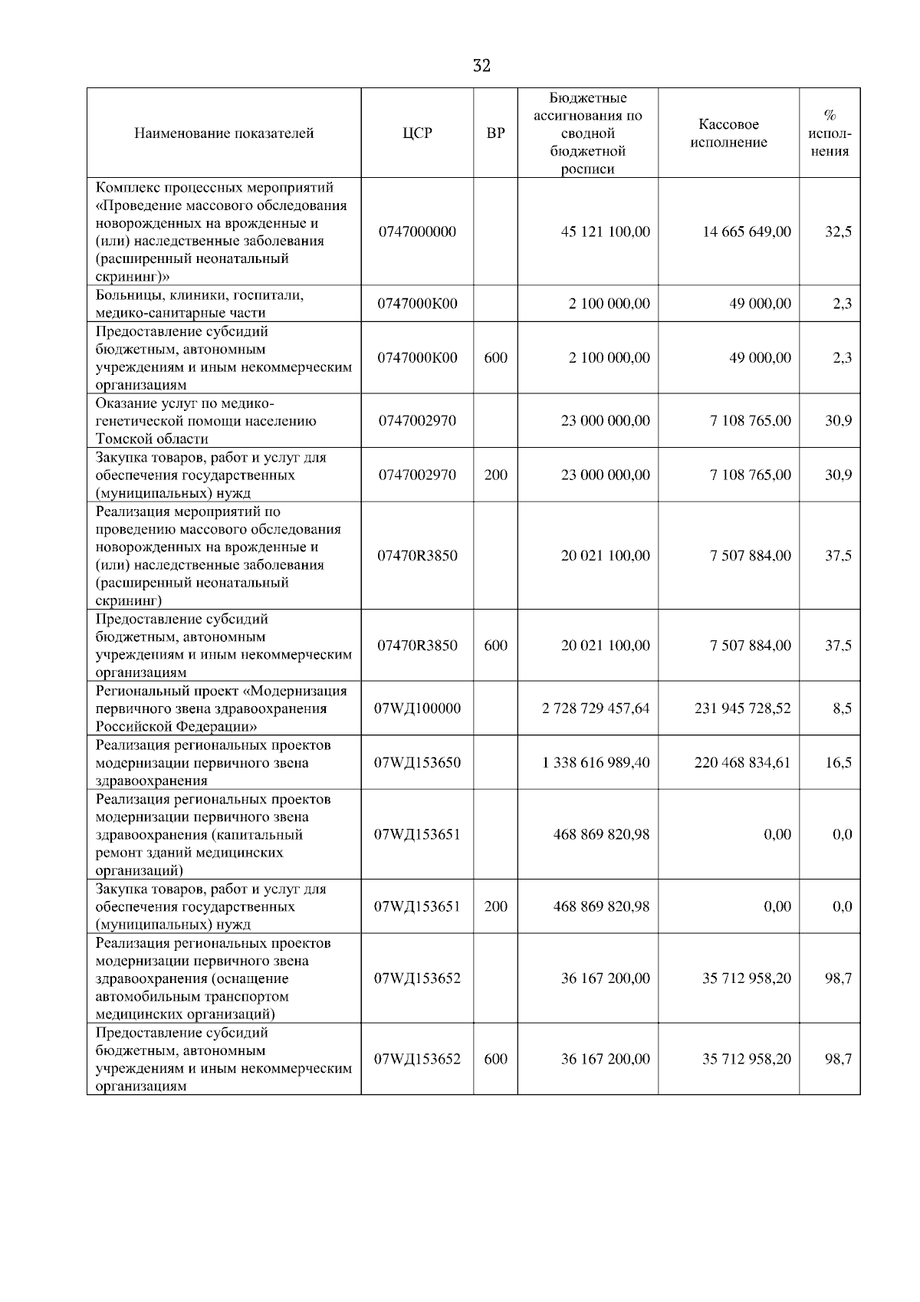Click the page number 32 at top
481,66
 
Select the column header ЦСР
417,133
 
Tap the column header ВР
495,133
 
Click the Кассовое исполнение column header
728,133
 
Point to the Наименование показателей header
224,133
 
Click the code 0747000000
417,232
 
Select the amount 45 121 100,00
605,232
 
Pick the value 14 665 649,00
747,232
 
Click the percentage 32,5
838,232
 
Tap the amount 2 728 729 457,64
595,709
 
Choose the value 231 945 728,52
742,709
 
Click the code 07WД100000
417,709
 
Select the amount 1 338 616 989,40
595,763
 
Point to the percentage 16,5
838,763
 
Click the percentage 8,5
842,709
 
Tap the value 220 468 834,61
742,763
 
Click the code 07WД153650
417,763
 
